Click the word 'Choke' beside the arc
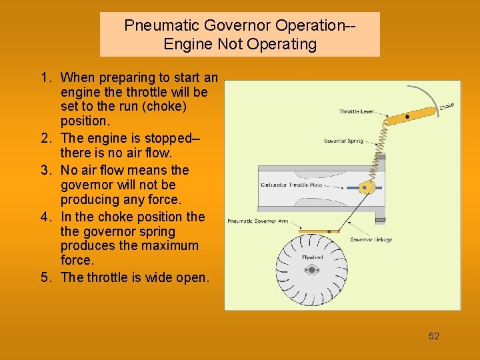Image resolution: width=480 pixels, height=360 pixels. pyautogui.click(x=447, y=106)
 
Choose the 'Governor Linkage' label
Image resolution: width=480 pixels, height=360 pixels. pyautogui.click(x=371, y=239)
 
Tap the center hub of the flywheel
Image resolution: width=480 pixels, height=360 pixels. pyautogui.click(x=311, y=270)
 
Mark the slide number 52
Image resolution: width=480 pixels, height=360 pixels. pyautogui.click(x=434, y=336)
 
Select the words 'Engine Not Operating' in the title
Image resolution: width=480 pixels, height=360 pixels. pyautogui.click(x=240, y=45)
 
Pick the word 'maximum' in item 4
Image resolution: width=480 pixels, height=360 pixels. pyautogui.click(x=174, y=246)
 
